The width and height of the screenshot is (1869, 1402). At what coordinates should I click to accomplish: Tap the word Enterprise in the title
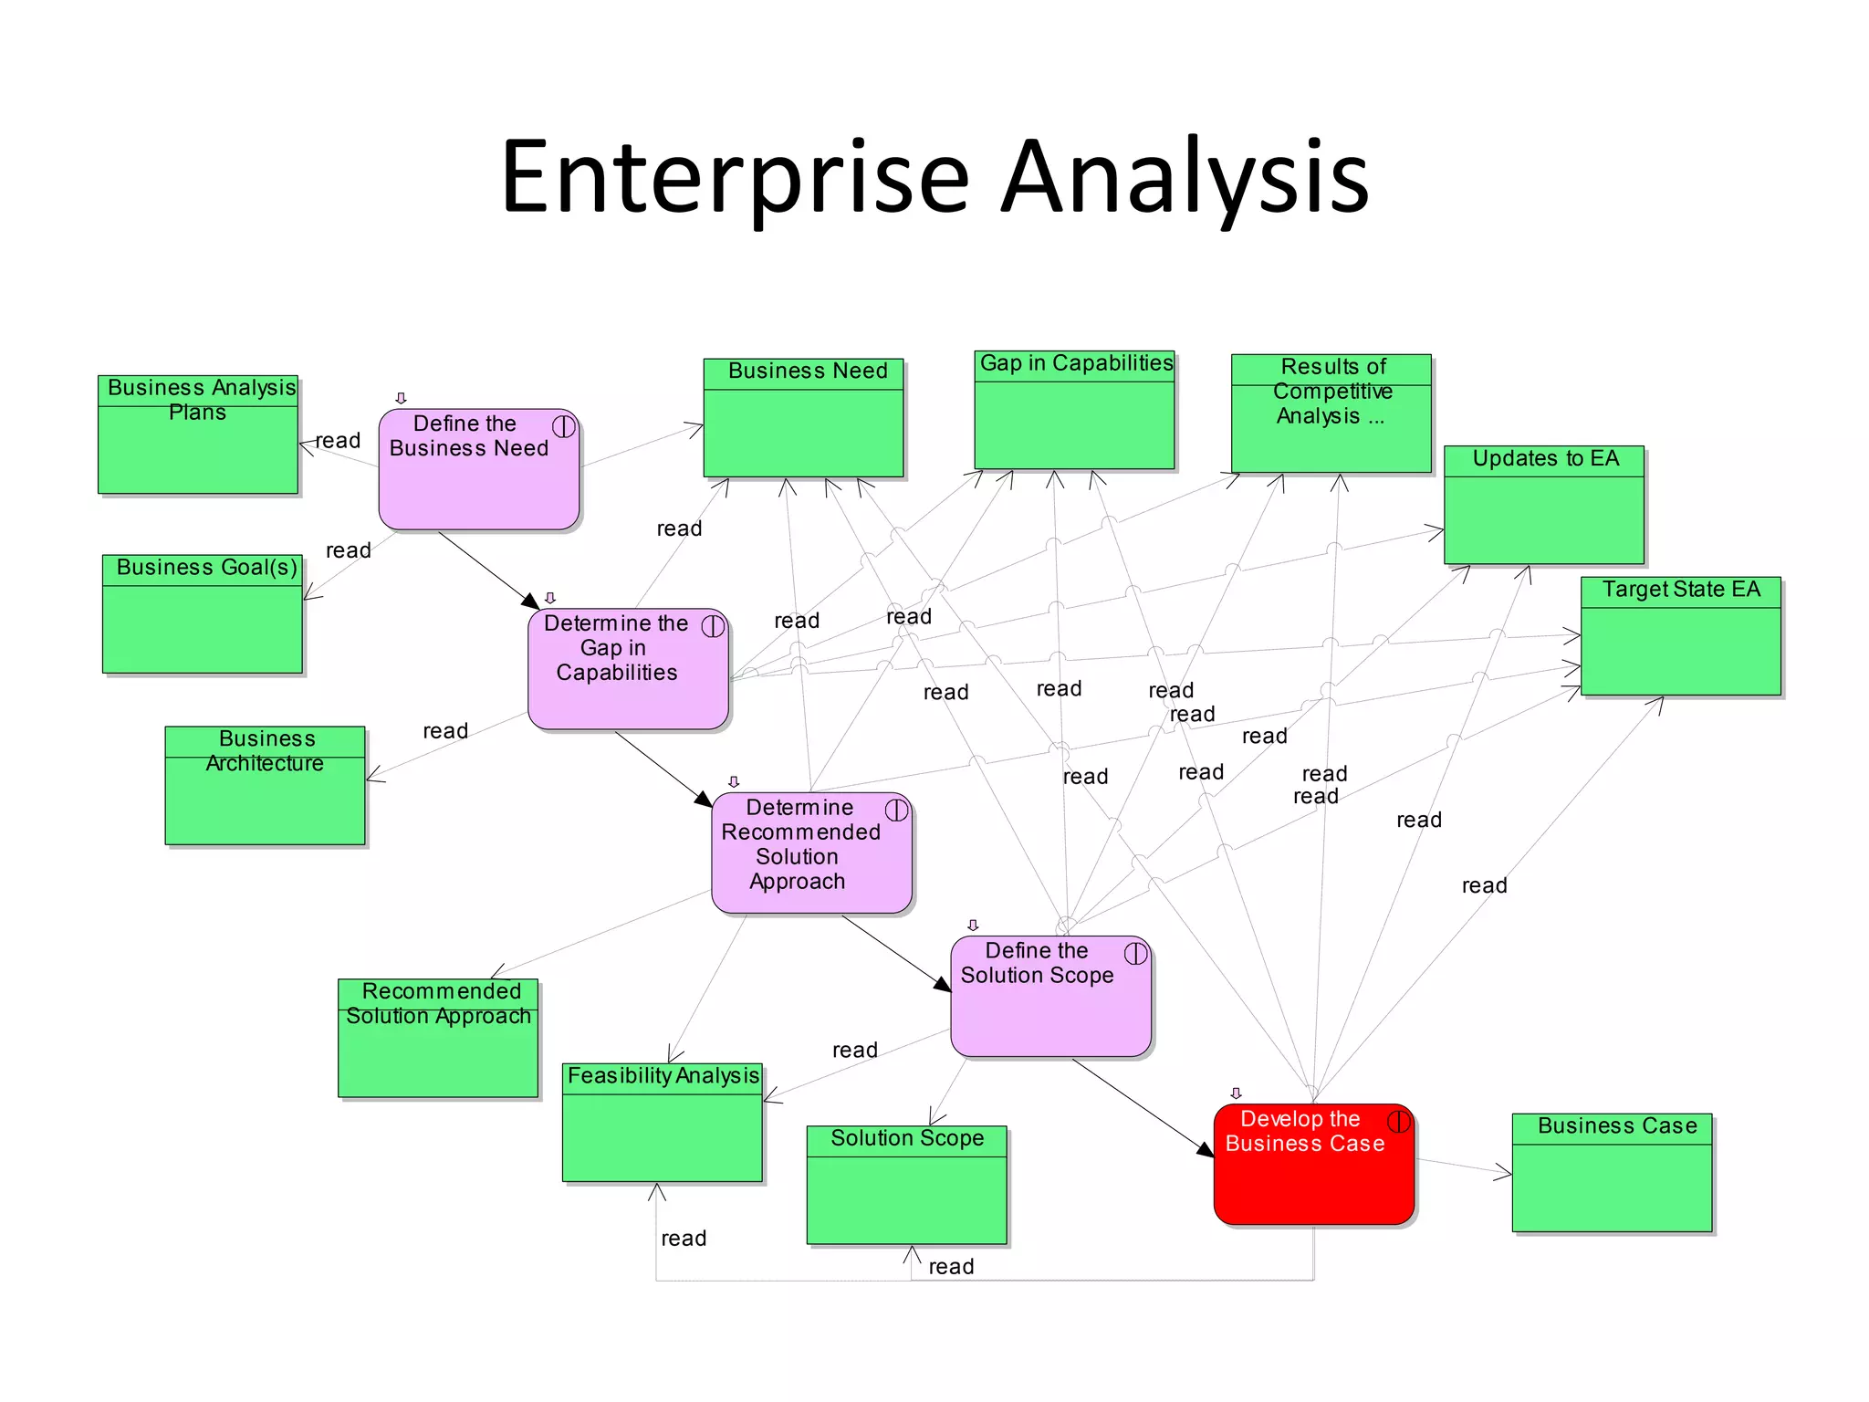point(735,178)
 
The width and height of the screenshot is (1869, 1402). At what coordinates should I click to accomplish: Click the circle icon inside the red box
point(1398,1120)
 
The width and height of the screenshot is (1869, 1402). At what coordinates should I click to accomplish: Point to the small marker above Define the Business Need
point(401,398)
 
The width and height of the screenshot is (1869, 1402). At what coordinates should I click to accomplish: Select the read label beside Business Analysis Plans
point(339,441)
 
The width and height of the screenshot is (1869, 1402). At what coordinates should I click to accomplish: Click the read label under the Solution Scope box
point(951,1267)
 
